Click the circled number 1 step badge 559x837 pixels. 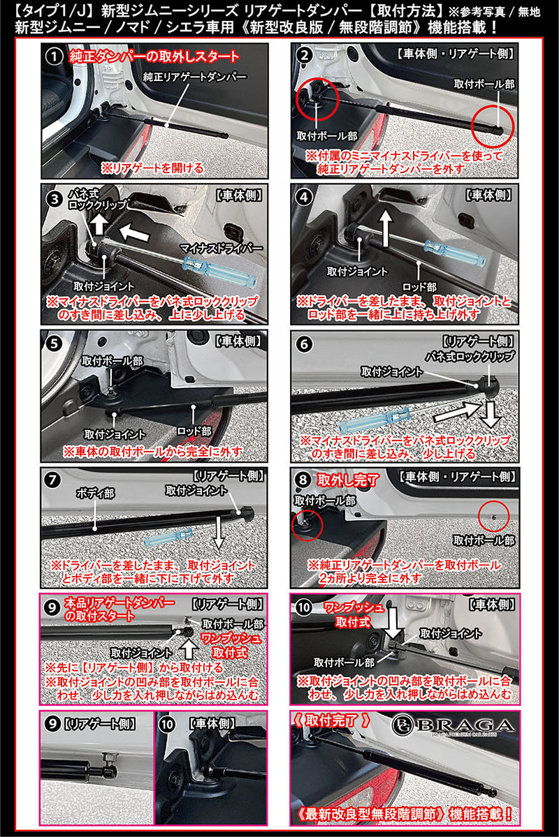pos(53,57)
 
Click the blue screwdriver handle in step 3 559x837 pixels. pos(220,272)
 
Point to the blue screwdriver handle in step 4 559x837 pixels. pos(455,253)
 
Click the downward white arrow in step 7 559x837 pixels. pos(218,532)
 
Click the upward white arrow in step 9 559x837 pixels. pos(189,648)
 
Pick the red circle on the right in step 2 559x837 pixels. pos(492,126)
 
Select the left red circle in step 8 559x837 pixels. pos(307,524)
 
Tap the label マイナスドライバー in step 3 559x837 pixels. pos(221,248)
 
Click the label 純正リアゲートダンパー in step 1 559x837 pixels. pos(195,77)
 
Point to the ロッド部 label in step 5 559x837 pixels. pos(194,430)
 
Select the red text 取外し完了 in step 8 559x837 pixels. pos(348,480)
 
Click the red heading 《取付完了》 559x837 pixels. pos(331,720)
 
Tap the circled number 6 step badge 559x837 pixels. pos(304,344)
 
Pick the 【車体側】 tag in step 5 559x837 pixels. pos(240,341)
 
